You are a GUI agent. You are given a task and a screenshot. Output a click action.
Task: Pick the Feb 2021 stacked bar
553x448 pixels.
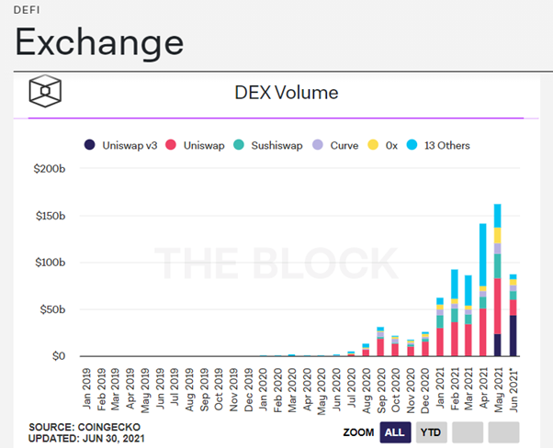[454, 313]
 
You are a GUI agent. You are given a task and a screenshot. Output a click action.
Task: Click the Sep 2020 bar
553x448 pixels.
[380, 342]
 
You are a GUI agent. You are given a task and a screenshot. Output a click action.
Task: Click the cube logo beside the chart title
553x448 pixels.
[45, 92]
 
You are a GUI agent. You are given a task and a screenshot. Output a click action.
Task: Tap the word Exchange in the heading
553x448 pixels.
[99, 41]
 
